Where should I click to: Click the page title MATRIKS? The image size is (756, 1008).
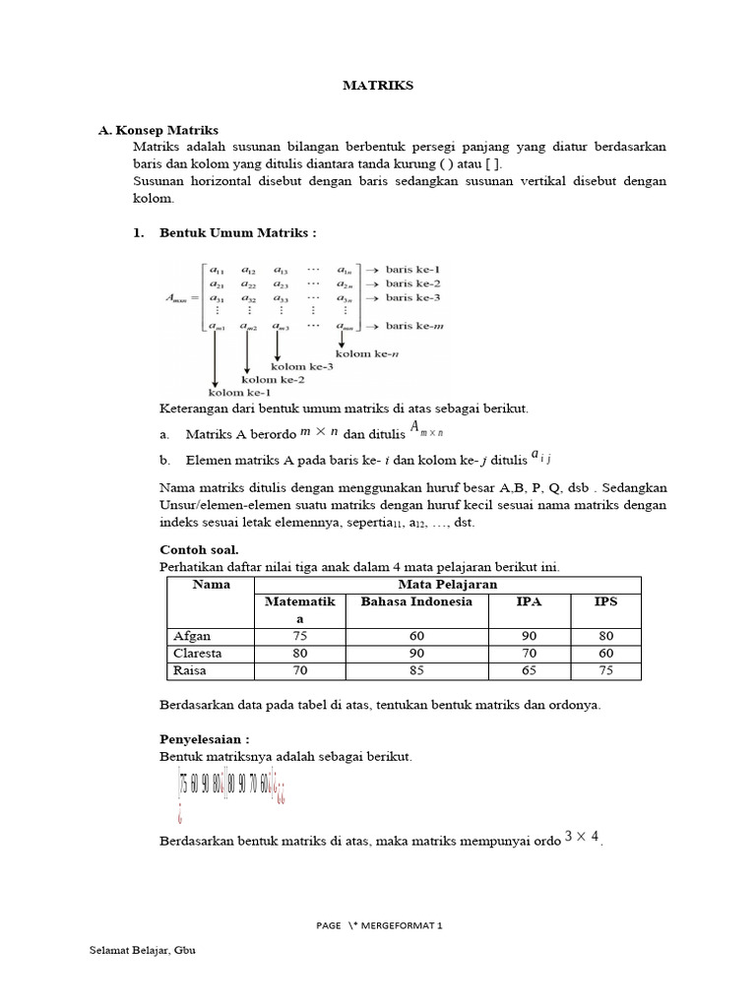tap(378, 86)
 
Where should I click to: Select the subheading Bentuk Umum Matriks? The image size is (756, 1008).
tap(237, 233)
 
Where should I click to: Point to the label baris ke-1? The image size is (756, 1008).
tap(413, 269)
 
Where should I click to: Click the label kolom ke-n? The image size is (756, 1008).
tap(366, 352)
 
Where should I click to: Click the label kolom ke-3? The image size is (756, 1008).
tap(302, 366)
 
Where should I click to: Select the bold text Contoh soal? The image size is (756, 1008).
tap(199, 549)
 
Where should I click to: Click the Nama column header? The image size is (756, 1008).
tap(211, 584)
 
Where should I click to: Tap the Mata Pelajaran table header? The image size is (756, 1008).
tap(447, 584)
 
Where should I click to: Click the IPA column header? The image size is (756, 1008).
tap(529, 601)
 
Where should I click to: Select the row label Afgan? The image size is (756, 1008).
tap(192, 636)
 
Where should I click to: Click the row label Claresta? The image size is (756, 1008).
tap(197, 653)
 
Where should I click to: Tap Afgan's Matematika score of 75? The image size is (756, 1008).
tap(299, 636)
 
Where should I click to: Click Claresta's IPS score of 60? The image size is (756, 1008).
tap(604, 653)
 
